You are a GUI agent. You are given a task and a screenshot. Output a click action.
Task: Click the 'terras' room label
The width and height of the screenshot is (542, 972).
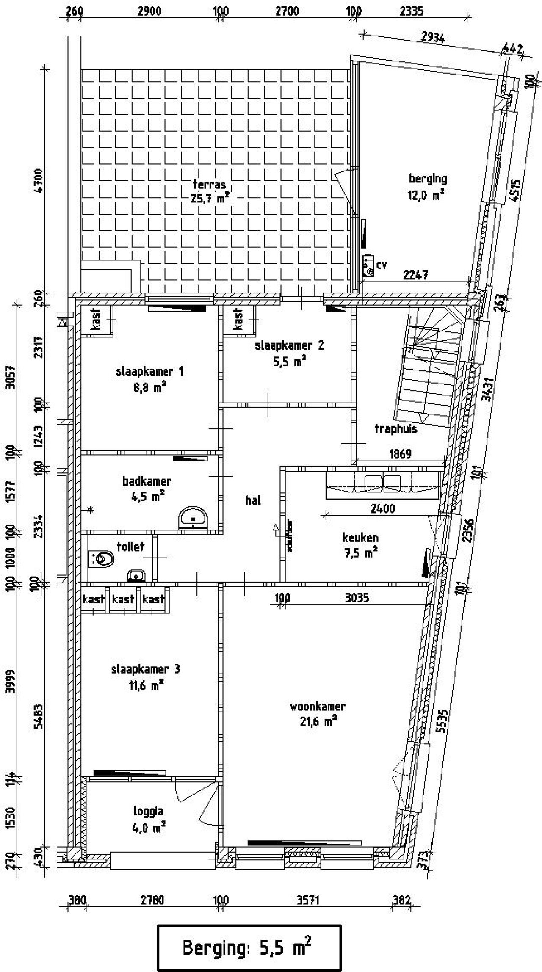coord(209,185)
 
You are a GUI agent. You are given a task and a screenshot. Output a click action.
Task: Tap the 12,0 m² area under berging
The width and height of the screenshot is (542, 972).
coord(426,194)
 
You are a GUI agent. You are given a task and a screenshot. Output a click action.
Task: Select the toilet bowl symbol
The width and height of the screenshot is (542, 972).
coord(102,559)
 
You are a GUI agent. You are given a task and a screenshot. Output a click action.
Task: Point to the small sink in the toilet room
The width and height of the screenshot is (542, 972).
coord(136,575)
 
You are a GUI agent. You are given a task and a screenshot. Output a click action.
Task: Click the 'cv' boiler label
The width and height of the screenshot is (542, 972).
coord(382,265)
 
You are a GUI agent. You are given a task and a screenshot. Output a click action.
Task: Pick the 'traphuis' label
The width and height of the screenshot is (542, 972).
coord(395,429)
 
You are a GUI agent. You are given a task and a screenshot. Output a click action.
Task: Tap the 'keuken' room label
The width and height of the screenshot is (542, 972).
coord(360,538)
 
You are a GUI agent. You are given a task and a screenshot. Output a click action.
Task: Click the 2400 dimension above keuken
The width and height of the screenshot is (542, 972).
coord(382,508)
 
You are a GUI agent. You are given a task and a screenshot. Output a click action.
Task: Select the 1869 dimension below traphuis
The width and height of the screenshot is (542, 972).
coord(400,454)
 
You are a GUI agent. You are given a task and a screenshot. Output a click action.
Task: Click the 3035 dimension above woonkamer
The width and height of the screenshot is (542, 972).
coord(357,598)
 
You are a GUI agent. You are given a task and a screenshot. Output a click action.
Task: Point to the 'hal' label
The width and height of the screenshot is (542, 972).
coord(253,500)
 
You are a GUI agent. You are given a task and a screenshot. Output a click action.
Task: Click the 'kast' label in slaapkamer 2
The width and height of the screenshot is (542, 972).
coord(238,318)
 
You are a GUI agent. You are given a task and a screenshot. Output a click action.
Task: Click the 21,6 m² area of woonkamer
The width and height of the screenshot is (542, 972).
coord(318,722)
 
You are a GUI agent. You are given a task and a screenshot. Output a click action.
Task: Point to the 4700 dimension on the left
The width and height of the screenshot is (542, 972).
coord(39,181)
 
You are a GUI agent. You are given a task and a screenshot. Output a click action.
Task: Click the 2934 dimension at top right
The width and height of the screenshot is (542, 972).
coord(433,38)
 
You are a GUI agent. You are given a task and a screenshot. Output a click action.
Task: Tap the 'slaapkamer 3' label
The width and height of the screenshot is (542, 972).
coord(146,669)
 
